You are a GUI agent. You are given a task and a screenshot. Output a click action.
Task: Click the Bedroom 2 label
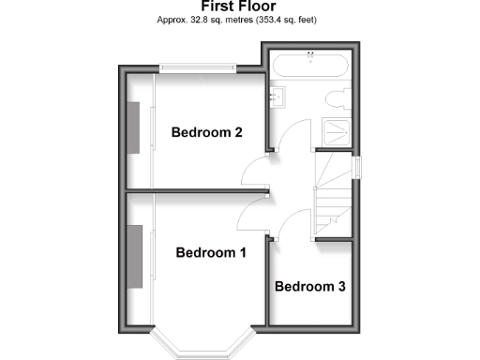(207, 132)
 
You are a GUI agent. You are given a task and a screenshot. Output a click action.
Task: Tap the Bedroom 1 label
(210, 252)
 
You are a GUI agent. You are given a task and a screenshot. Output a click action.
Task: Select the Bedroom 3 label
(309, 286)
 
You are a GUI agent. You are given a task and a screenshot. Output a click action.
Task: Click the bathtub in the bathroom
(308, 67)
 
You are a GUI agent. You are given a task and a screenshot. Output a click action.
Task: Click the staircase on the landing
(333, 197)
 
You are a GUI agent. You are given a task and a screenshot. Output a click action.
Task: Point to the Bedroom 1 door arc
(251, 216)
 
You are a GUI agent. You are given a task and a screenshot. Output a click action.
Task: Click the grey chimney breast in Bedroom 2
(133, 127)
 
